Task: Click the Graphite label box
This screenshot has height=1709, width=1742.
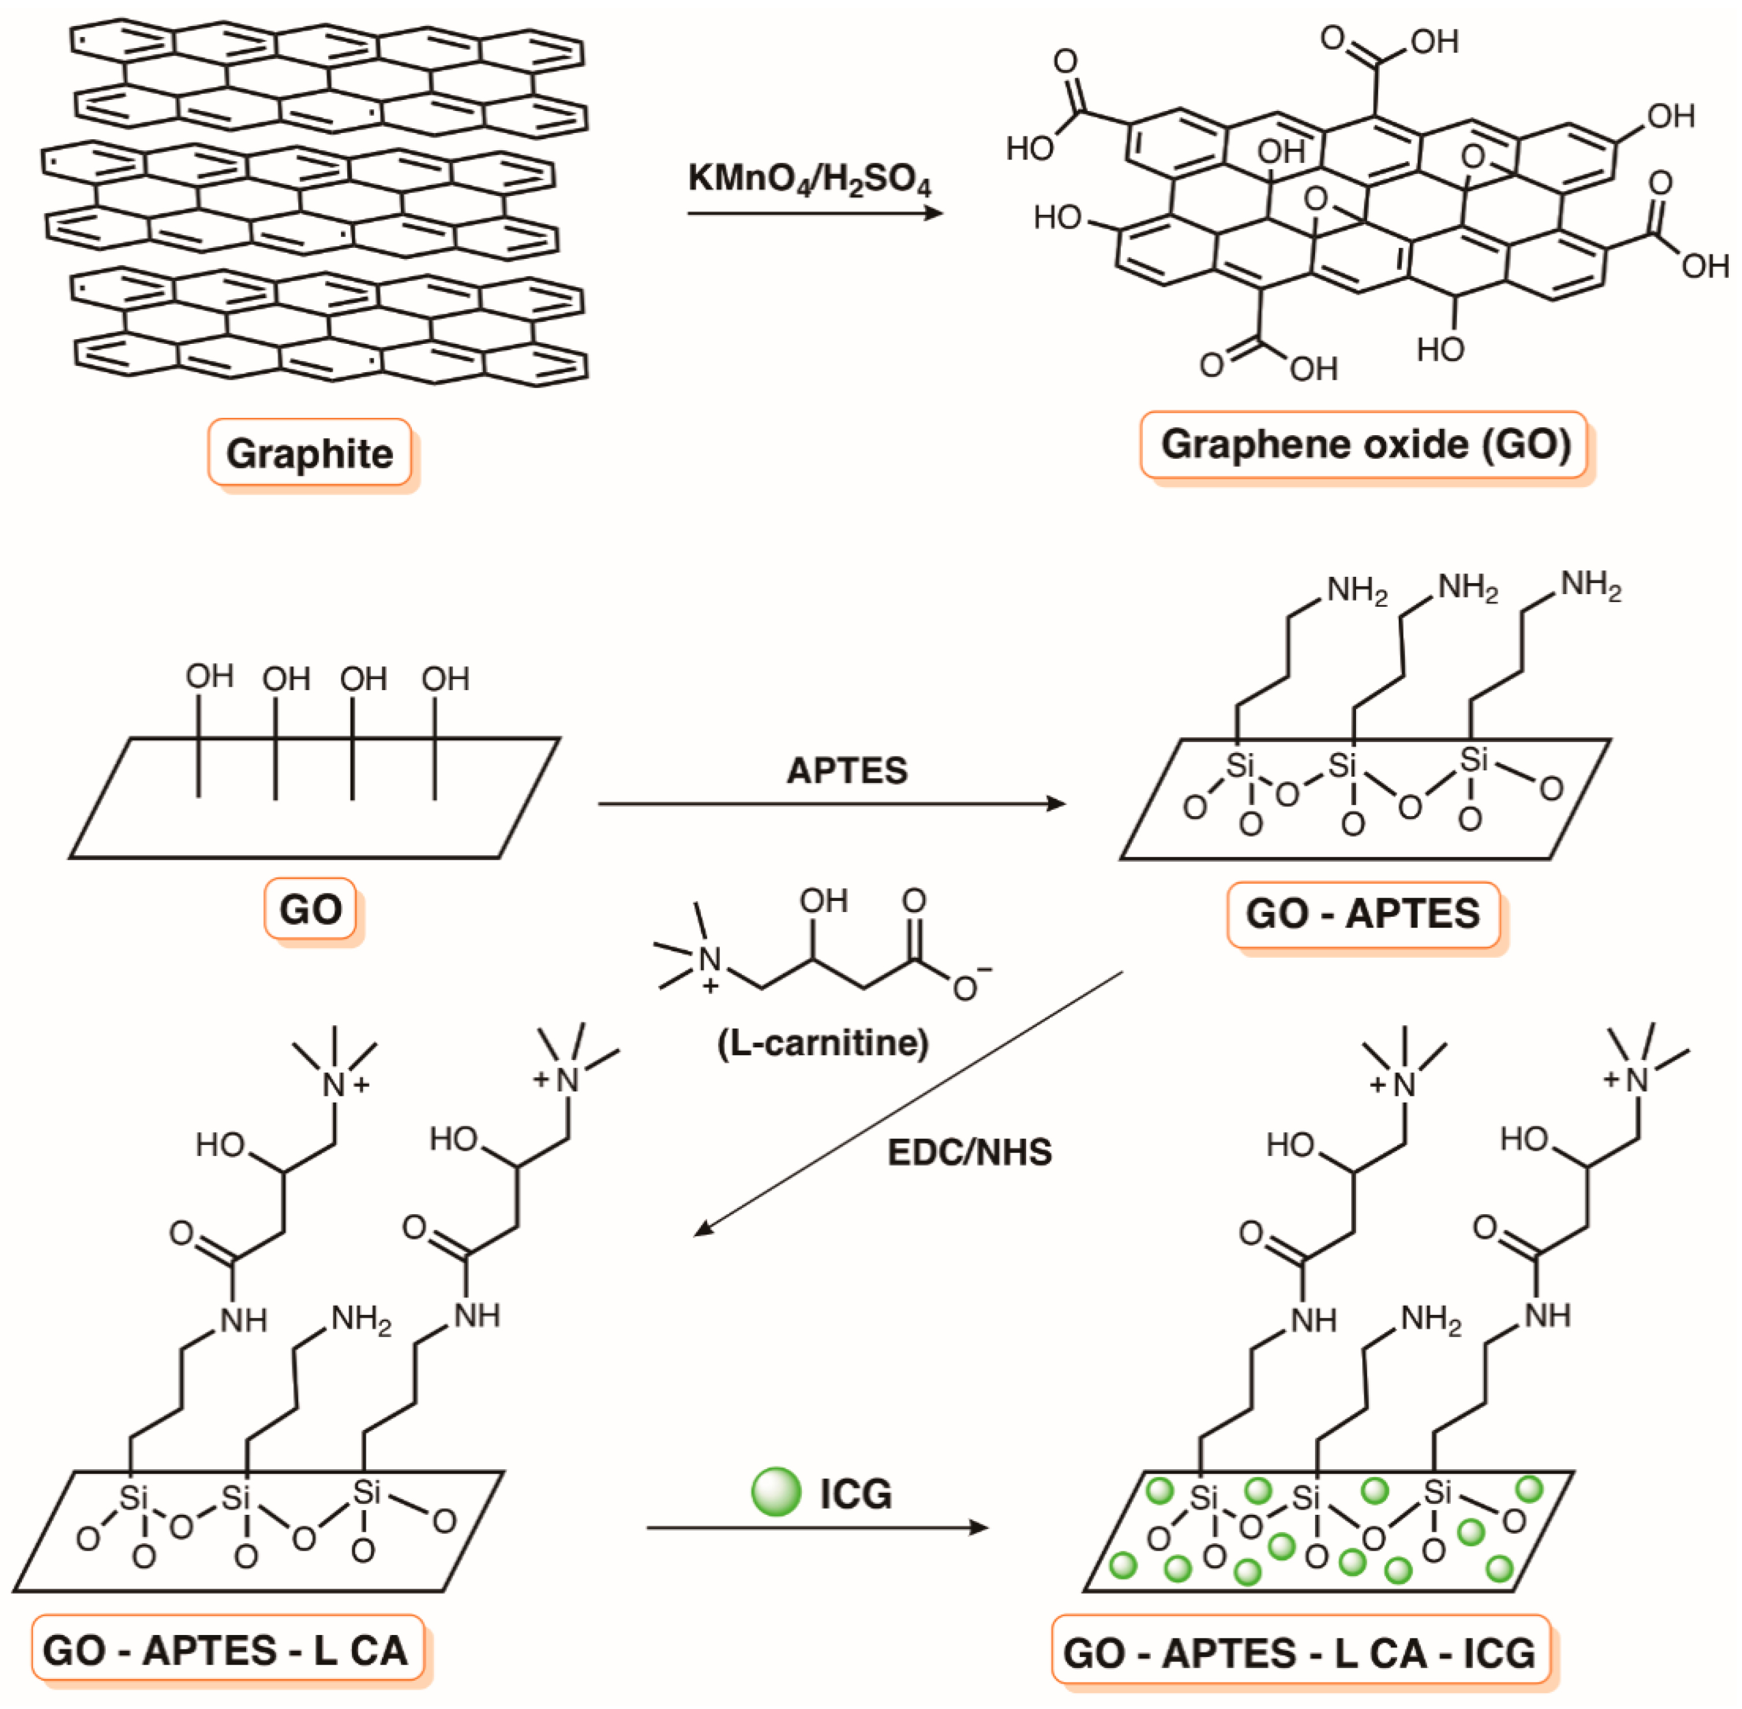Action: pyautogui.click(x=310, y=453)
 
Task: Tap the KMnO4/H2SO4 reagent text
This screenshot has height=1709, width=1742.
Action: pyautogui.click(x=809, y=180)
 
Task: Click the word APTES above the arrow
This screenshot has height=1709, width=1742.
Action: pyautogui.click(x=847, y=770)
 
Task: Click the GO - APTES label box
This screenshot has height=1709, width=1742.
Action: pyautogui.click(x=1362, y=914)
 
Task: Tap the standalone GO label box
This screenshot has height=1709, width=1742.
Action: pyautogui.click(x=310, y=909)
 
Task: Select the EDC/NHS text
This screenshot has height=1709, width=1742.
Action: pyautogui.click(x=970, y=1152)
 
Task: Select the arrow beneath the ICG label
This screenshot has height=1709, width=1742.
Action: pyautogui.click(x=817, y=1527)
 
